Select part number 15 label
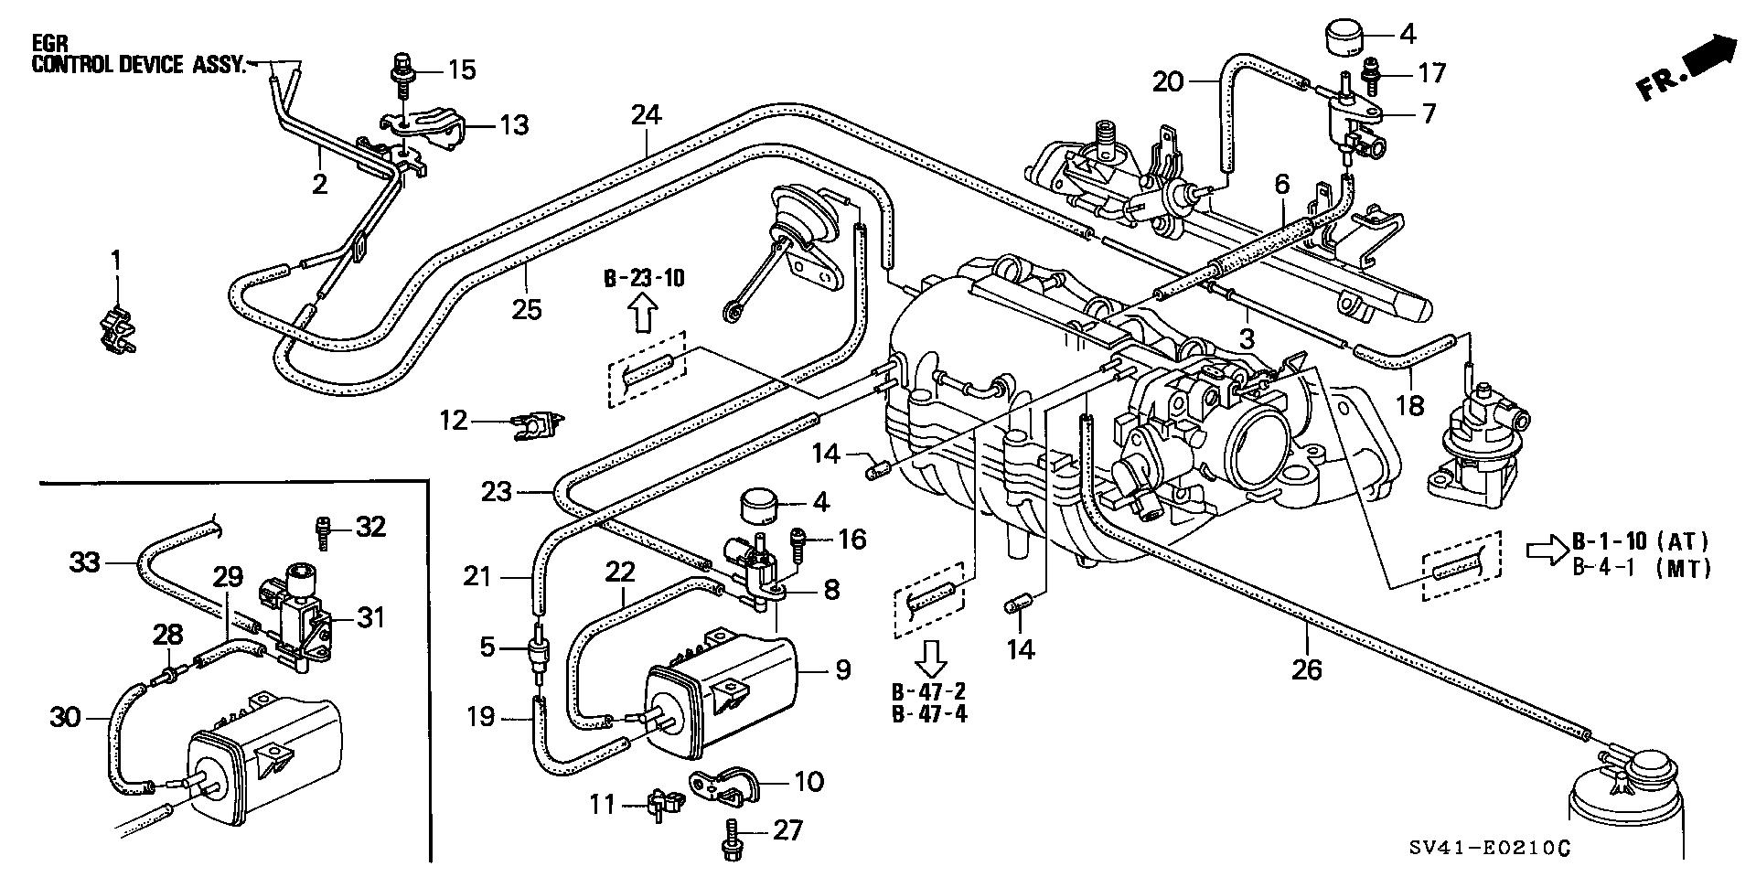[x=462, y=70]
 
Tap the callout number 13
[x=514, y=124]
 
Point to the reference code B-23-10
[x=643, y=279]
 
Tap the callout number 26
[x=1307, y=669]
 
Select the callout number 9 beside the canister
[x=841, y=669]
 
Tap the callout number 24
[x=645, y=115]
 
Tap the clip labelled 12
[x=537, y=422]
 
